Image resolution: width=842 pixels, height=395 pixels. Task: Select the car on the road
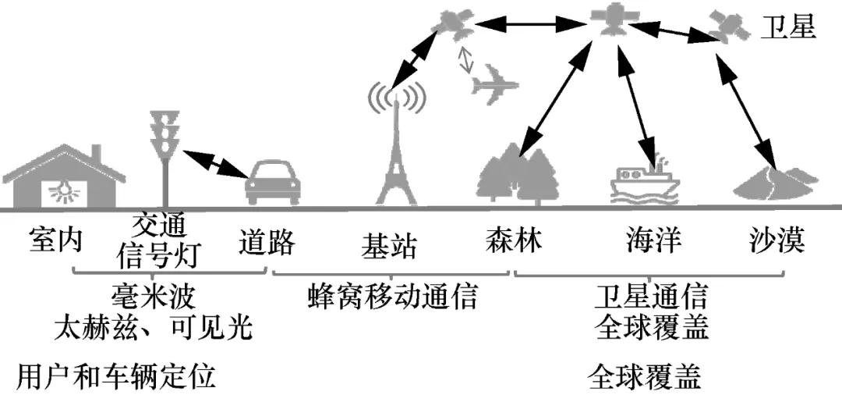273,183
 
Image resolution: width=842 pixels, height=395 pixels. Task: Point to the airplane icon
494,84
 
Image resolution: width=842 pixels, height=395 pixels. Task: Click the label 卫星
789,27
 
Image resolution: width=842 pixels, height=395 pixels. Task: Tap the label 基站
389,246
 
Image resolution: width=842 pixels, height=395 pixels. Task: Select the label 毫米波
154,297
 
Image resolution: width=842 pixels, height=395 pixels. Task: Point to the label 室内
55,240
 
